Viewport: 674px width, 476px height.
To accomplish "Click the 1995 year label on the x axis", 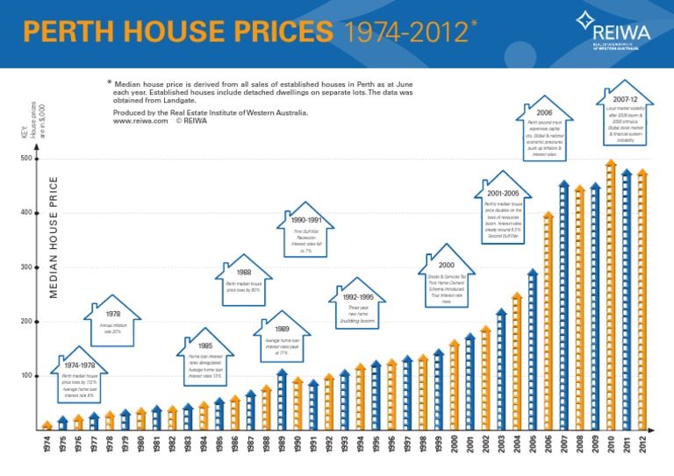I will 376,445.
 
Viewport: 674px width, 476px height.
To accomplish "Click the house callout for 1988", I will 244,279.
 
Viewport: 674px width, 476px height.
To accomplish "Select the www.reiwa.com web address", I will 140,121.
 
